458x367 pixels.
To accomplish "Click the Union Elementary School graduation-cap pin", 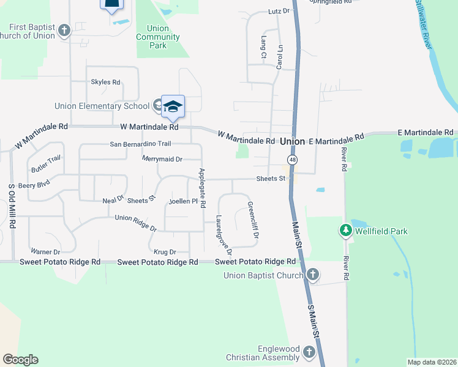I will [x=173, y=107].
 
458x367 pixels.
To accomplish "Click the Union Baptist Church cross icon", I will [x=313, y=275].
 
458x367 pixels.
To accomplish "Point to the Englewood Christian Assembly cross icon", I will [x=309, y=352].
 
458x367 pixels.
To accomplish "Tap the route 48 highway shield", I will [x=294, y=160].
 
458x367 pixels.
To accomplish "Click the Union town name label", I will [x=292, y=141].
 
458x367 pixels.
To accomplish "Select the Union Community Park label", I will [x=158, y=37].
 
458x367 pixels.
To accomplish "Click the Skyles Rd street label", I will [x=105, y=82].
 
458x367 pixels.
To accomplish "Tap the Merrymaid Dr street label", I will [x=162, y=159].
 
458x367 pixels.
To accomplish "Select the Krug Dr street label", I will [x=165, y=251].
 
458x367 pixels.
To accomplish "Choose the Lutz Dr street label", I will [x=279, y=12].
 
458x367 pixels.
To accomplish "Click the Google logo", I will [x=20, y=360].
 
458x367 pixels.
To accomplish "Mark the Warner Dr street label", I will [x=45, y=251].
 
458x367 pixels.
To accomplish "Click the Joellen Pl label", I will [x=182, y=201].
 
